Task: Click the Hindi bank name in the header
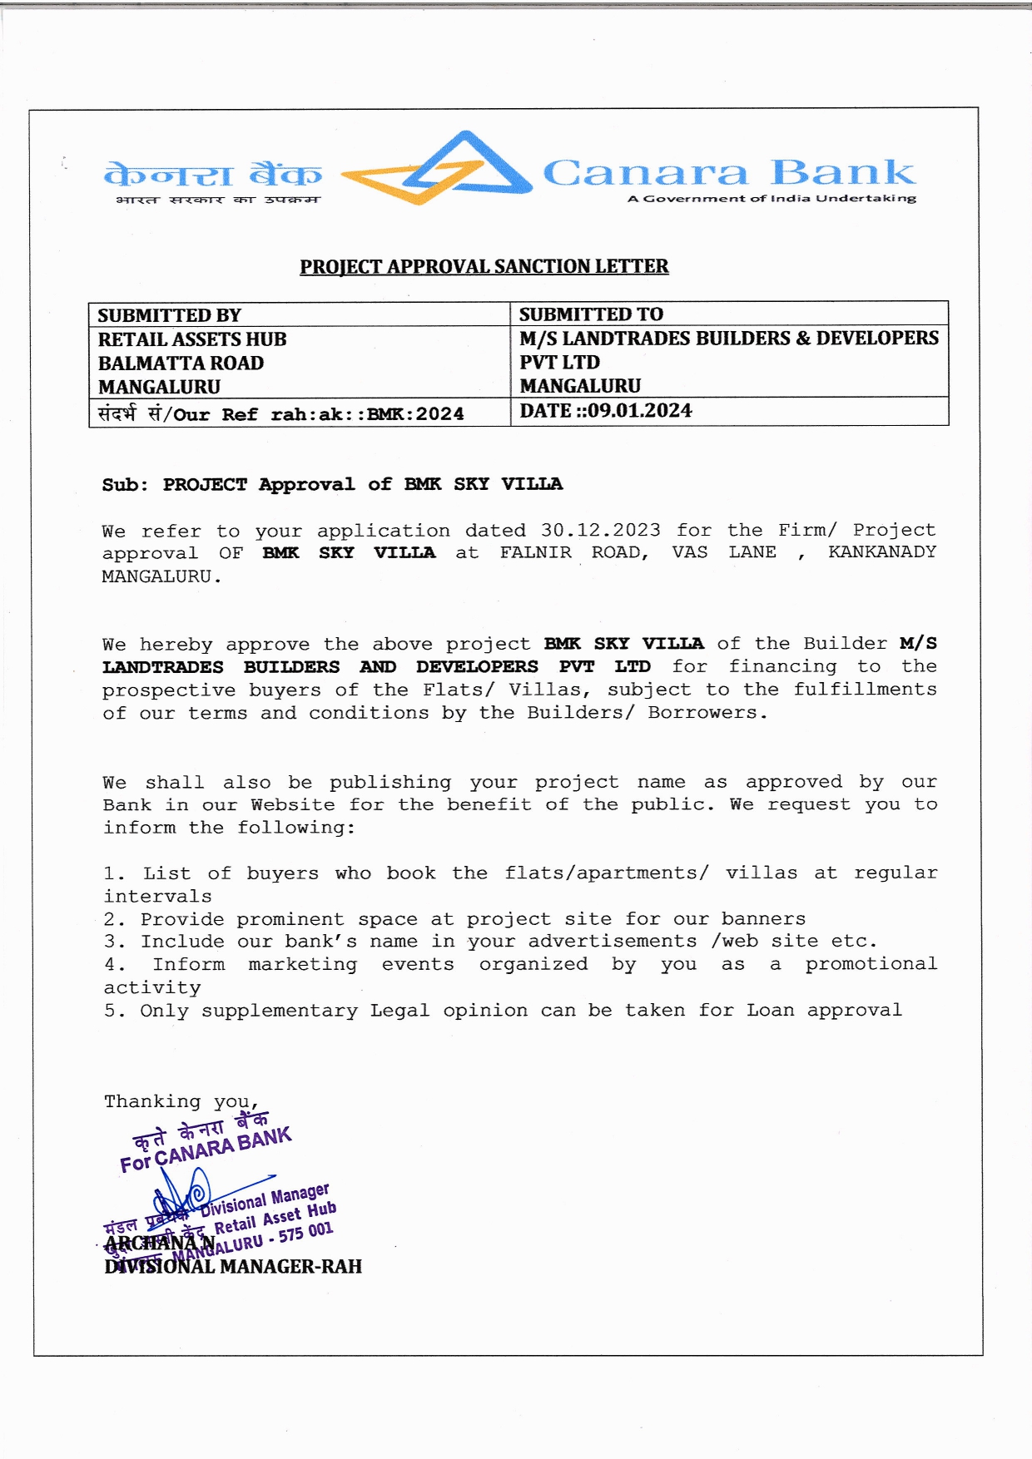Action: click(x=213, y=175)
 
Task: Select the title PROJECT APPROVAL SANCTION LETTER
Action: click(x=484, y=266)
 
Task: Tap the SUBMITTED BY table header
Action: click(x=169, y=315)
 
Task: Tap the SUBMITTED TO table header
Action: click(x=591, y=314)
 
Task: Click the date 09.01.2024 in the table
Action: click(x=639, y=411)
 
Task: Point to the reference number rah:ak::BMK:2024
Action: click(x=367, y=414)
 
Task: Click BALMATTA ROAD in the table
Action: click(x=181, y=364)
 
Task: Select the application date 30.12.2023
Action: click(x=600, y=530)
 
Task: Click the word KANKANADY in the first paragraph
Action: click(x=881, y=552)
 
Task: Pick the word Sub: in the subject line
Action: click(x=125, y=485)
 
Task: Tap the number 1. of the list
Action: click(x=114, y=873)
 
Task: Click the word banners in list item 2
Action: click(x=763, y=919)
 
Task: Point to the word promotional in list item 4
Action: click(x=871, y=964)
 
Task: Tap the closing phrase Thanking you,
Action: click(x=181, y=1102)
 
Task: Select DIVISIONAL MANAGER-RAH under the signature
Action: click(x=233, y=1267)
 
